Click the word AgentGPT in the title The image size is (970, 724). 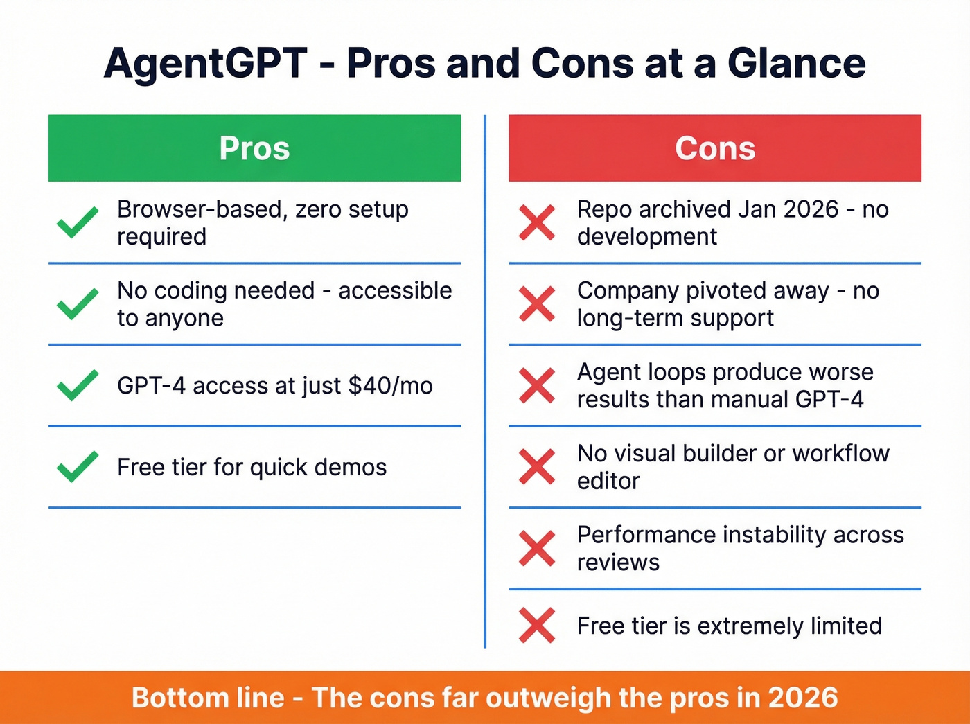[x=205, y=64]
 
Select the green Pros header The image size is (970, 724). [x=254, y=148]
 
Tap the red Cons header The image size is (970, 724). [x=715, y=148]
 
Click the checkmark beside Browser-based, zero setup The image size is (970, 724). [x=78, y=222]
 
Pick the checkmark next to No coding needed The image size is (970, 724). [x=78, y=304]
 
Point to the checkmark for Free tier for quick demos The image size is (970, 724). [x=78, y=467]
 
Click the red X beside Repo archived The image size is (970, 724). [x=537, y=222]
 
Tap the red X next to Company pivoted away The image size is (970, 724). [x=537, y=304]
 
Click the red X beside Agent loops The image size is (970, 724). [x=537, y=386]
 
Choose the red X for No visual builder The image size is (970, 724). [x=537, y=467]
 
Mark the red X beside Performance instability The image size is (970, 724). [x=537, y=549]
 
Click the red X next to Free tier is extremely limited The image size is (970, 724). [x=537, y=626]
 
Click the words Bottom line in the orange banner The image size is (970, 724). [x=208, y=698]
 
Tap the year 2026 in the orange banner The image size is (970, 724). [x=802, y=698]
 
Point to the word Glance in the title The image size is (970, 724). [x=796, y=64]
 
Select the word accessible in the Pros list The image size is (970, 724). [x=395, y=291]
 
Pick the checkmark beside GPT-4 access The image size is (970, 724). [x=78, y=386]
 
